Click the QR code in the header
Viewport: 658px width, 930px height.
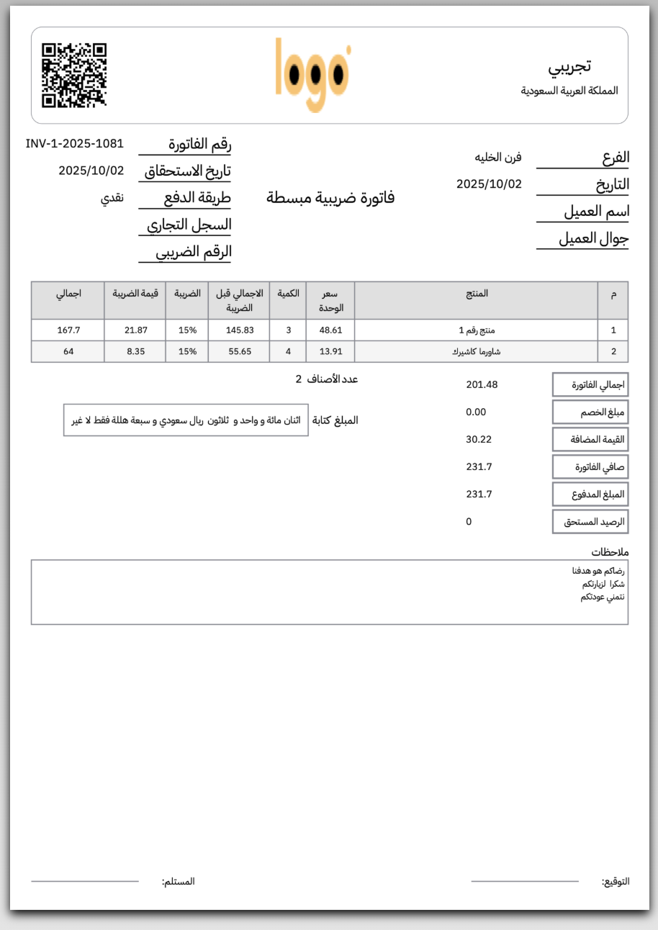[74, 76]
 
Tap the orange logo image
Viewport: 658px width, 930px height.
[313, 75]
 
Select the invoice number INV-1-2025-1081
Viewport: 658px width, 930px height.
[75, 143]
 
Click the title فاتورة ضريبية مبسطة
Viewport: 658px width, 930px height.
[330, 197]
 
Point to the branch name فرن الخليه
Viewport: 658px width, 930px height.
[497, 157]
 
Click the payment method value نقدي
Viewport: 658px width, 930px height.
[112, 198]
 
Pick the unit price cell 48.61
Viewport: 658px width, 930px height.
[330, 330]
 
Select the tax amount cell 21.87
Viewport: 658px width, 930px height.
[135, 330]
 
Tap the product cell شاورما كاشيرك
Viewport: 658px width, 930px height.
[476, 352]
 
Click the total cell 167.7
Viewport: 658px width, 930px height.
[68, 330]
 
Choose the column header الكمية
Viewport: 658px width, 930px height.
[288, 294]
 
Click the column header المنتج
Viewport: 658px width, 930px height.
[476, 294]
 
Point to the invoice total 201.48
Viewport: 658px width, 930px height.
[482, 384]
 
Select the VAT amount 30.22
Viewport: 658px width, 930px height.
[479, 439]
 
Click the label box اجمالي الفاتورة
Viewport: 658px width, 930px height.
[590, 384]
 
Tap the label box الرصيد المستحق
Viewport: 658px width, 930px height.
[590, 521]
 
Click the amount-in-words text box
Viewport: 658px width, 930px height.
[186, 420]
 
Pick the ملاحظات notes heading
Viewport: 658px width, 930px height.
[610, 552]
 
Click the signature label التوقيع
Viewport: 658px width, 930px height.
[616, 882]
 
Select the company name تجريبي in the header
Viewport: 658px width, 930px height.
[569, 66]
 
